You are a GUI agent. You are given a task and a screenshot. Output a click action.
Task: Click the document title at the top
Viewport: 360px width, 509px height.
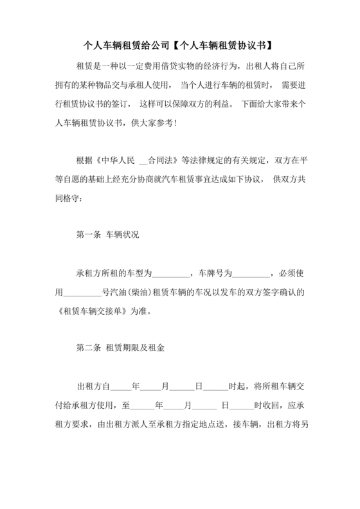tap(180, 46)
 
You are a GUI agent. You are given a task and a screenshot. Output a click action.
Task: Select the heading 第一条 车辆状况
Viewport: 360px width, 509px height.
tap(107, 235)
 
